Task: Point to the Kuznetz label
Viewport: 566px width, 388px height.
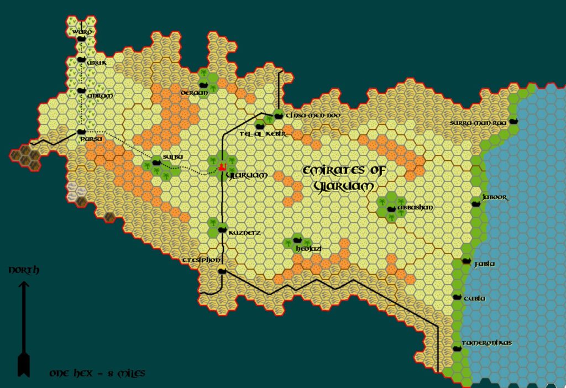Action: pos(244,233)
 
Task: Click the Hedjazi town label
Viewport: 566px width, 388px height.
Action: pos(309,249)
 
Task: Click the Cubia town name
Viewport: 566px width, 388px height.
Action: pos(475,298)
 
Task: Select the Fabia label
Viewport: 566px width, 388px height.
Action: pos(485,264)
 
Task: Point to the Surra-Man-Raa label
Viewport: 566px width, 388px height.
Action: pos(478,123)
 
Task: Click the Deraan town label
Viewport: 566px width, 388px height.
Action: pos(195,93)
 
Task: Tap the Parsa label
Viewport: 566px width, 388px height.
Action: pos(92,139)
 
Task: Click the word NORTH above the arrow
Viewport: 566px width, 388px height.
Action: pos(24,270)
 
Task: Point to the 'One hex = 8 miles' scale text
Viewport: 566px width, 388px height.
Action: pos(97,374)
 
